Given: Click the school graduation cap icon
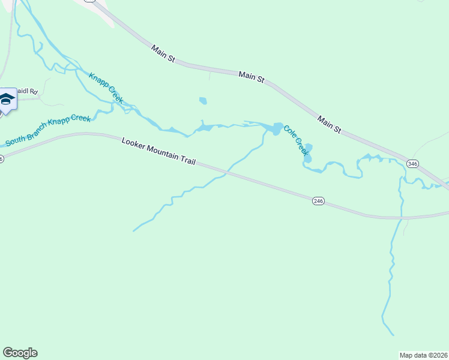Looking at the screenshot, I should (7, 100).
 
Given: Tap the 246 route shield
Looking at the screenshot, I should (318, 201).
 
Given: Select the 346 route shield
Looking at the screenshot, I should (412, 163).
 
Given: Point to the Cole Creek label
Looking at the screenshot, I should (296, 140).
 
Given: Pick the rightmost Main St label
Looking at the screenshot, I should (330, 125).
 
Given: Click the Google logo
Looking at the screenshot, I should (20, 353).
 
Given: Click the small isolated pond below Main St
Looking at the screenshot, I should (203, 101).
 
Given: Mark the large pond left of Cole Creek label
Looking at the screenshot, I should (276, 128).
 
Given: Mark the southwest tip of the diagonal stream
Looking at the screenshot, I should (133, 230).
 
